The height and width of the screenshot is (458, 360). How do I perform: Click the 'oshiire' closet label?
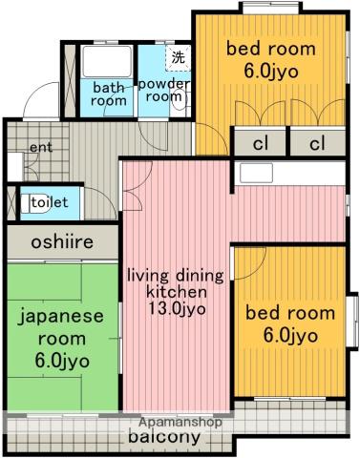click(62, 242)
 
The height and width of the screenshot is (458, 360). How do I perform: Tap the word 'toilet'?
click(50, 202)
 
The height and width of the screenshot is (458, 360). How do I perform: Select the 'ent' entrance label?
click(41, 147)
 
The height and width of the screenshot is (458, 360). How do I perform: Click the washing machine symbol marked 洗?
click(178, 57)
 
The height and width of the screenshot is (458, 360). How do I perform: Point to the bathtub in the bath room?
click(107, 61)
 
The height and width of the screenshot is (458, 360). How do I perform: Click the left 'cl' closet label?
click(261, 143)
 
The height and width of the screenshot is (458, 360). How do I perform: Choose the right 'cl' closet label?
click(317, 143)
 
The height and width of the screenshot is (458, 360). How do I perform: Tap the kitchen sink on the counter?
click(256, 173)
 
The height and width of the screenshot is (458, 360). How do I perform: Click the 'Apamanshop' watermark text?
click(180, 423)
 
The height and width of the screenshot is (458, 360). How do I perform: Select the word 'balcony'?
click(164, 437)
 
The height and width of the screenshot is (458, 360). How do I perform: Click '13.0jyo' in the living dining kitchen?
click(177, 308)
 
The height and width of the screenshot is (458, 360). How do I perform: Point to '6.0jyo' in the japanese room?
click(62, 361)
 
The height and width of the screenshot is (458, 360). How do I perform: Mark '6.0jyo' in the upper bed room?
click(271, 72)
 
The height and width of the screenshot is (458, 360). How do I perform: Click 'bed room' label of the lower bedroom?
click(290, 313)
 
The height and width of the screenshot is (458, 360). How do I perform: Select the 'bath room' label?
click(108, 94)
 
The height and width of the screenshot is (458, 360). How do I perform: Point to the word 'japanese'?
click(61, 317)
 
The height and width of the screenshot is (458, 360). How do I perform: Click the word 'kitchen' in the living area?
click(177, 292)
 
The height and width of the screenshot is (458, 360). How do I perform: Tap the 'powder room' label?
click(163, 91)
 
